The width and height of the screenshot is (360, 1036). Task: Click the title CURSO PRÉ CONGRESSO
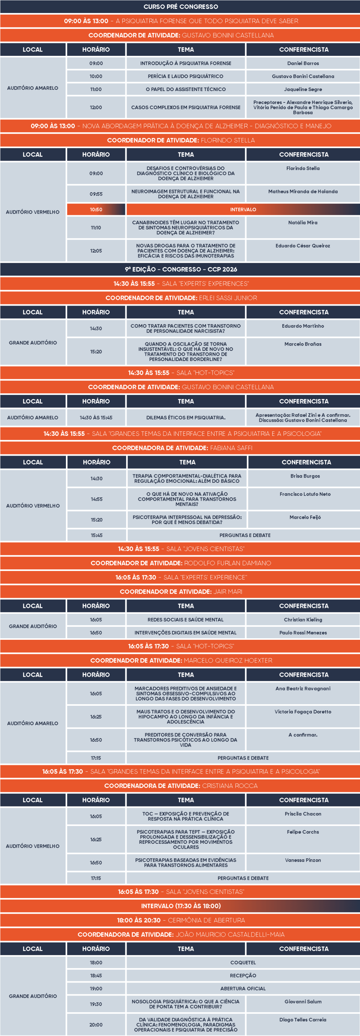180,7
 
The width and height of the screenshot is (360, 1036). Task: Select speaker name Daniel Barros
303,64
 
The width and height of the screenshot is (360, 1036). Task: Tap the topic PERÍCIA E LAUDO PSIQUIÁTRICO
186,76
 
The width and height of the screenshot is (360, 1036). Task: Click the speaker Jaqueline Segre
303,89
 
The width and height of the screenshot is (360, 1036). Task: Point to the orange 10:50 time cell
96,210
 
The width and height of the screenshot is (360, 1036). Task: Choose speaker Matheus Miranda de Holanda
303,192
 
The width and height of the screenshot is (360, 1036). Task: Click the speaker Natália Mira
303,223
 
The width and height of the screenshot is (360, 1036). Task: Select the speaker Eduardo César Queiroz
303,246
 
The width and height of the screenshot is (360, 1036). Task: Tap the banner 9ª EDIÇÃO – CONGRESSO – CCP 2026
180,270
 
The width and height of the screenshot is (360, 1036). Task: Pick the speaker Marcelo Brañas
303,344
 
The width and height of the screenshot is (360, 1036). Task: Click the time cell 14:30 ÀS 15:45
96,418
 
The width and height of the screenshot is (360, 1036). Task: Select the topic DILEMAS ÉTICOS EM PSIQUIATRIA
186,418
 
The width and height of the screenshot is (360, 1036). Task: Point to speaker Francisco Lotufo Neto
305,494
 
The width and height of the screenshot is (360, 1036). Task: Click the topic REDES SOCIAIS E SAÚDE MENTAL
186,620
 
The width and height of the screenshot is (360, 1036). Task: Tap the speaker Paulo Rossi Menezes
303,633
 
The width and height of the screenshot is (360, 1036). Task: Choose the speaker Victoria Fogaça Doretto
303,712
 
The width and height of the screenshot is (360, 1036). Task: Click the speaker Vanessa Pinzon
303,860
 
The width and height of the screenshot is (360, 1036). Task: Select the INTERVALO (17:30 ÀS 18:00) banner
180,906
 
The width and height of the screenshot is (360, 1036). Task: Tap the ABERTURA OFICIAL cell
243,989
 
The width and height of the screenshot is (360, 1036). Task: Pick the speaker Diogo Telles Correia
303,1020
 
